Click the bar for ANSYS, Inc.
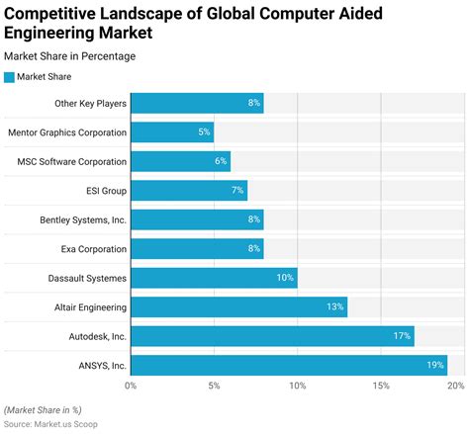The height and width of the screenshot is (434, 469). point(289,366)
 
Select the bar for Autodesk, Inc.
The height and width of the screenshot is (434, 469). point(272,336)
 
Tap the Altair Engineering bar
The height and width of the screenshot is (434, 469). point(238,307)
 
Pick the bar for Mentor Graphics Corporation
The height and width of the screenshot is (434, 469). point(172,131)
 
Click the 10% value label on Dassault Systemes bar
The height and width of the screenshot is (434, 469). point(284,278)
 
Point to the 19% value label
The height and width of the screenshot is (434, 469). point(434,366)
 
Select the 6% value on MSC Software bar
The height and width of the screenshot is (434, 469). point(221,161)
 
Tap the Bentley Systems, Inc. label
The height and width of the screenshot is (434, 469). point(83,219)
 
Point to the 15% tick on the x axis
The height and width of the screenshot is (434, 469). point(381,386)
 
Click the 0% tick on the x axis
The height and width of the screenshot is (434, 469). point(131,386)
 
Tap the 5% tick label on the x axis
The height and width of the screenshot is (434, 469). point(214,386)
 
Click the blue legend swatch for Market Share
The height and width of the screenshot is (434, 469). point(9,76)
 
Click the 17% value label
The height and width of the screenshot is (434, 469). point(401,337)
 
